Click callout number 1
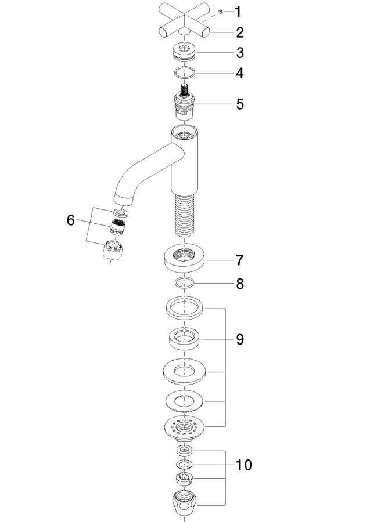[x=238, y=12]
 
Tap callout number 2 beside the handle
[x=240, y=32]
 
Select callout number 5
[x=240, y=104]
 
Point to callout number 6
[x=70, y=220]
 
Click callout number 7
[x=240, y=260]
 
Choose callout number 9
[x=240, y=339]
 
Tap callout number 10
[x=244, y=465]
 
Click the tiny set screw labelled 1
[x=220, y=12]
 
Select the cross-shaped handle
[x=184, y=20]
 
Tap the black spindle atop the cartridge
[x=184, y=90]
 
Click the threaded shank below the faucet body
[x=184, y=215]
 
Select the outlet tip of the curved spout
[x=123, y=201]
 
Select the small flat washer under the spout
[x=120, y=212]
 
